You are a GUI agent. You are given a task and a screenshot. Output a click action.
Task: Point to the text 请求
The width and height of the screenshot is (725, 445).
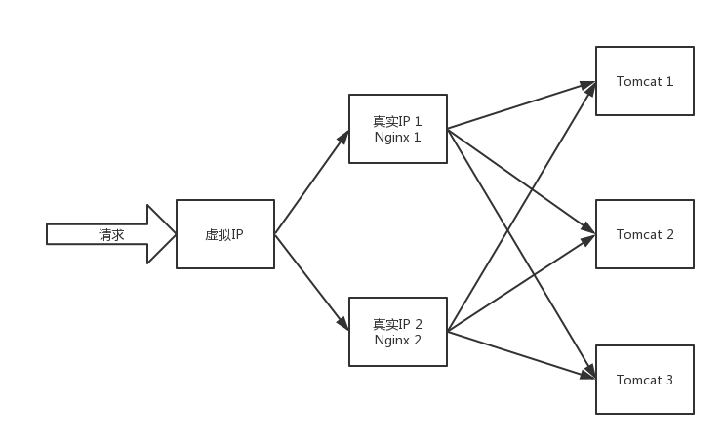coord(110,234)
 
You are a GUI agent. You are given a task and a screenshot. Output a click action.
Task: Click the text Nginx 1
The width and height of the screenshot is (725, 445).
coord(397,138)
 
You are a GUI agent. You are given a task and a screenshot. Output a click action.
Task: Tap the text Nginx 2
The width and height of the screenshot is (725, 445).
coord(397,340)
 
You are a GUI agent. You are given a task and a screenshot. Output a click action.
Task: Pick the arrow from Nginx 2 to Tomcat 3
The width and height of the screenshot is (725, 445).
coord(522,353)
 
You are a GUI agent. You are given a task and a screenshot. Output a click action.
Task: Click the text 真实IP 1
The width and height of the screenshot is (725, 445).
coord(397,122)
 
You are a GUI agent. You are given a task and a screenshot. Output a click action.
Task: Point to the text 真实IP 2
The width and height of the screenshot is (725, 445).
coord(397,324)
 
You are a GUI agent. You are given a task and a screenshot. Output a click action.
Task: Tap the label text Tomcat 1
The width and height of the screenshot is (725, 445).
coord(644,81)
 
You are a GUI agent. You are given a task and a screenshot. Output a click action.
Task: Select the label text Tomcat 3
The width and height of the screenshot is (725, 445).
coord(644,380)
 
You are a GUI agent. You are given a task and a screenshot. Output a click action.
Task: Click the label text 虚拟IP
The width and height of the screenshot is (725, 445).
coord(224,234)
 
